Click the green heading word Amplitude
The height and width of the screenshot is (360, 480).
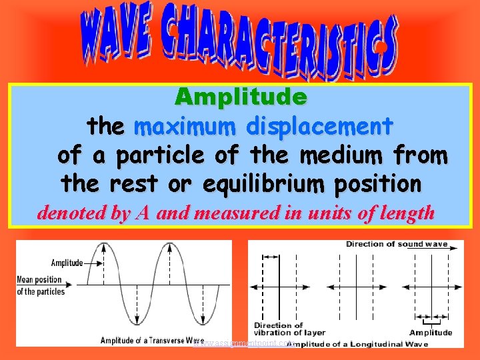coord(241,97)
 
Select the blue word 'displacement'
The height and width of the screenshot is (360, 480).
coord(319,126)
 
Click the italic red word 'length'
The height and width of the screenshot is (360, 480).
coord(407,213)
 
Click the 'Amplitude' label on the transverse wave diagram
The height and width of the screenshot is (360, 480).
coord(66,263)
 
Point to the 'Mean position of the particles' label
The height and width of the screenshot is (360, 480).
coord(41,285)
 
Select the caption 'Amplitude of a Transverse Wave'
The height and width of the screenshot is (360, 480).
coord(152,341)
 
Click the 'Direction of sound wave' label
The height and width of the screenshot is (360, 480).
coord(396,244)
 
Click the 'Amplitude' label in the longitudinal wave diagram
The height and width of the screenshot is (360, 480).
coord(430,332)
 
